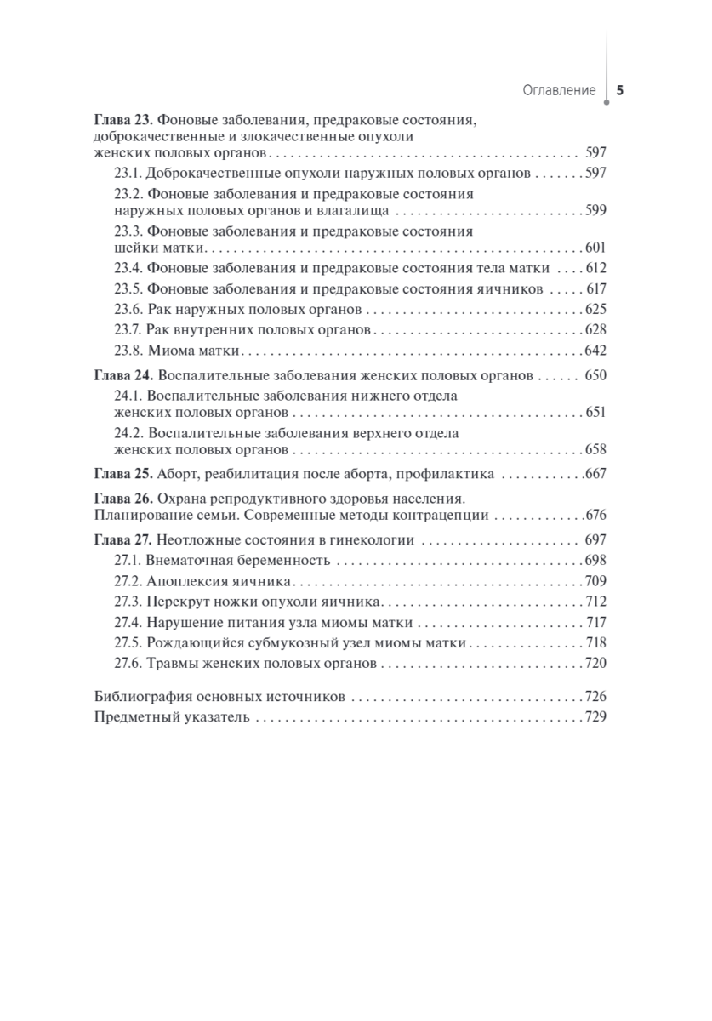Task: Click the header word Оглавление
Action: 558,90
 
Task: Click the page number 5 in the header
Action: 619,90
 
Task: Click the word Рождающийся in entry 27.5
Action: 188,642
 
